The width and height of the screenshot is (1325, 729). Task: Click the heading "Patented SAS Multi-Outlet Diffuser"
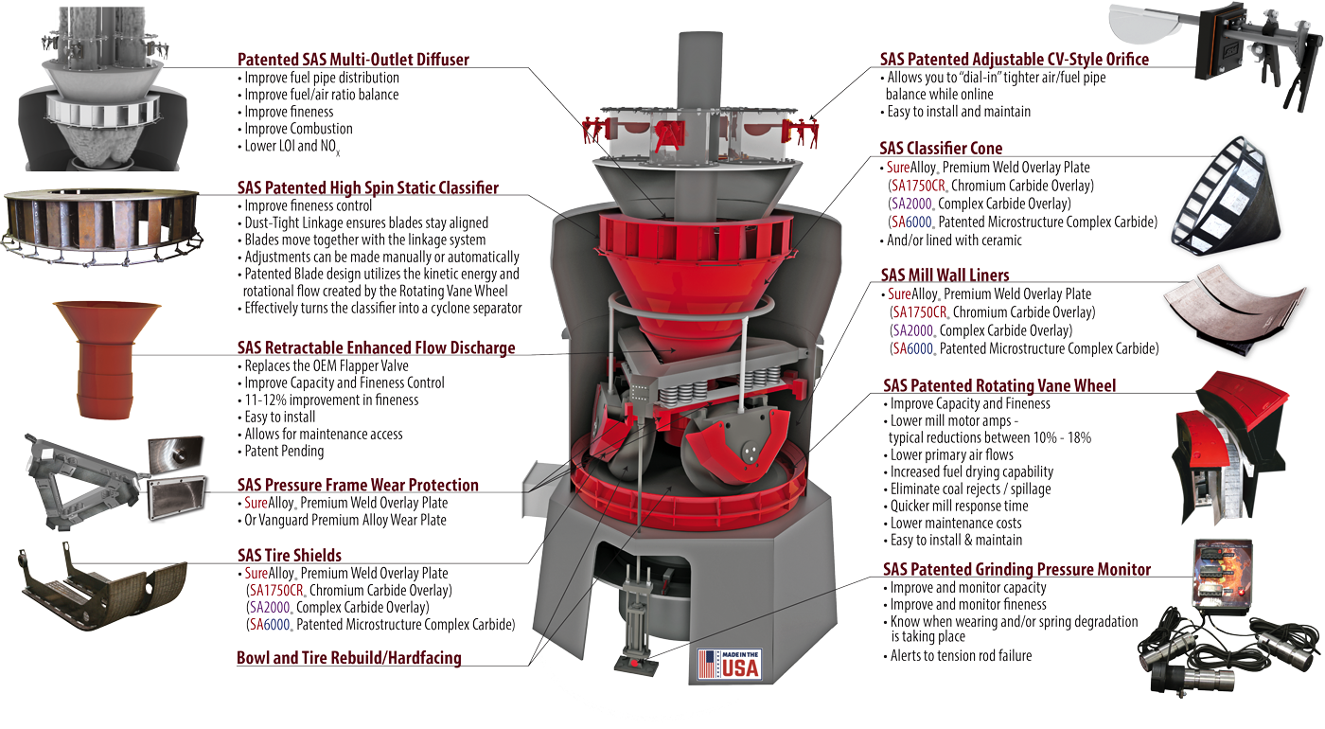pyautogui.click(x=353, y=60)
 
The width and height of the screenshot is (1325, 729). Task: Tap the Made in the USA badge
pyautogui.click(x=730, y=665)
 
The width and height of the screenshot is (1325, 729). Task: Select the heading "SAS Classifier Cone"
pyautogui.click(x=941, y=148)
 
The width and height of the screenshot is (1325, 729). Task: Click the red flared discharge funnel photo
pyautogui.click(x=106, y=360)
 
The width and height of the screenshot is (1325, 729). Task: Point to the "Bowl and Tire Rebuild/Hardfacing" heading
pyautogui.click(x=349, y=658)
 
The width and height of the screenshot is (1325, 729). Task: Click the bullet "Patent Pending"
pyautogui.click(x=285, y=452)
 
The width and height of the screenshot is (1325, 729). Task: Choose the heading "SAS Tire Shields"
pyautogui.click(x=290, y=555)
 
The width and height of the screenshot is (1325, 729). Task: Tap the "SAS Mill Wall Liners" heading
pyautogui.click(x=945, y=276)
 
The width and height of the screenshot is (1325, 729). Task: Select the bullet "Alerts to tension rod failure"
pyautogui.click(x=958, y=655)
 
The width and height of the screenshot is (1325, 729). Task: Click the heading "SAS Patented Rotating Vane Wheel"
pyautogui.click(x=999, y=386)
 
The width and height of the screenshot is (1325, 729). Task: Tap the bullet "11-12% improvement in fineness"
pyautogui.click(x=328, y=400)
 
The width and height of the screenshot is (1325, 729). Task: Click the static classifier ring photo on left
pyautogui.click(x=102, y=226)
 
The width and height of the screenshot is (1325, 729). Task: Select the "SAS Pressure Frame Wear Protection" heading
pyautogui.click(x=358, y=485)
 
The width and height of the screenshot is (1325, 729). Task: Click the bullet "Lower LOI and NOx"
pyautogui.click(x=289, y=147)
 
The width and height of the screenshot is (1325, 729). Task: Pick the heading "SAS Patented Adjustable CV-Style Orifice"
pyautogui.click(x=1015, y=60)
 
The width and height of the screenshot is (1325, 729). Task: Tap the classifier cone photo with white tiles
pyautogui.click(x=1226, y=197)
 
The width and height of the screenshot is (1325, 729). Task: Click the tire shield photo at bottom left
pyautogui.click(x=103, y=585)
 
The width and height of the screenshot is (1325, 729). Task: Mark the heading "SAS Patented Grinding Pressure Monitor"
pyautogui.click(x=1016, y=569)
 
